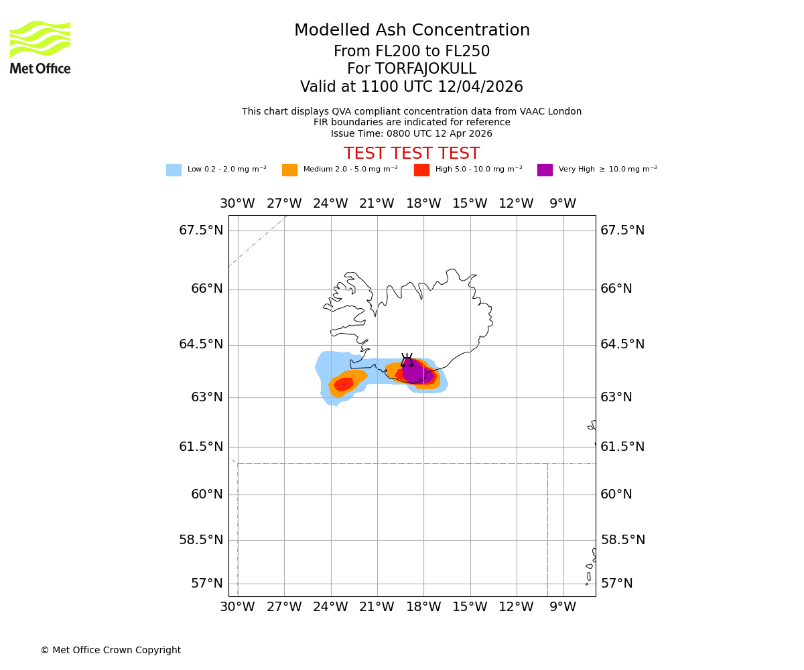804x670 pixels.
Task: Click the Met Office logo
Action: coord(40,47)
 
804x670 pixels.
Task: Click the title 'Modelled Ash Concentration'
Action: coord(412,31)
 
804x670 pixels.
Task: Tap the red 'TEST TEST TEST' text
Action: coord(411,153)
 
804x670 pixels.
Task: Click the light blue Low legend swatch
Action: coord(174,170)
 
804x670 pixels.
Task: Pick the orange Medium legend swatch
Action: coord(289,170)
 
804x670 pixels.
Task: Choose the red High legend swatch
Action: coord(421,170)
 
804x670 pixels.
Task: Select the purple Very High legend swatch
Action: coord(545,170)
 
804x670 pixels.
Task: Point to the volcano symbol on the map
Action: coord(407,360)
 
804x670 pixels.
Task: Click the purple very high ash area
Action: coord(415,371)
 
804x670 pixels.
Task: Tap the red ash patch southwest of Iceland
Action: coord(344,385)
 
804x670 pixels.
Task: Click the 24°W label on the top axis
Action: coord(330,204)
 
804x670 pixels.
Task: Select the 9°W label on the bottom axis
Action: coord(563,607)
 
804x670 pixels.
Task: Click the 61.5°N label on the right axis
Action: coord(622,447)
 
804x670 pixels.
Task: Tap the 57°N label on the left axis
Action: coord(207,584)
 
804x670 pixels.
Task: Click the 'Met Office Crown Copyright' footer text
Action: coord(111,650)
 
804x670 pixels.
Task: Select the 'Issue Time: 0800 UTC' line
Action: coord(411,133)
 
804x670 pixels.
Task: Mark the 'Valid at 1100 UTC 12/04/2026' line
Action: coord(411,87)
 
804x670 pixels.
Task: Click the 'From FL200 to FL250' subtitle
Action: coord(411,52)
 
